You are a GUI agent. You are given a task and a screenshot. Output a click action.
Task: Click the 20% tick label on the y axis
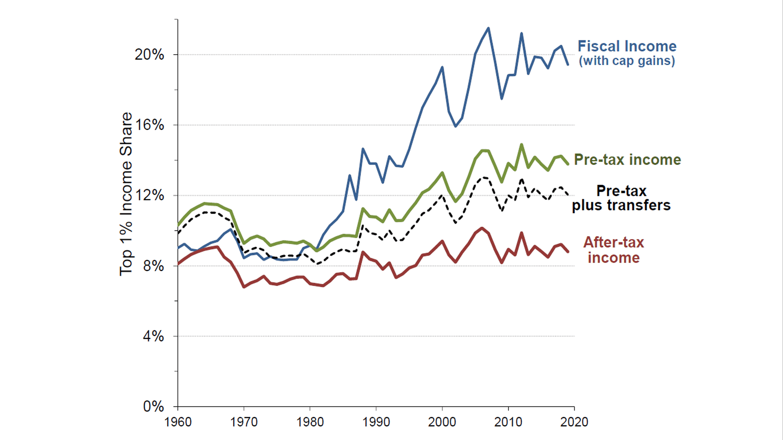(149, 55)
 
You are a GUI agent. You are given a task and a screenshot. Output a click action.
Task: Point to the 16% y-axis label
(149, 125)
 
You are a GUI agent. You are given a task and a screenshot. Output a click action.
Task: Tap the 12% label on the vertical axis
(149, 195)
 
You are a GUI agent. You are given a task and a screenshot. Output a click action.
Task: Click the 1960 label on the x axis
(178, 422)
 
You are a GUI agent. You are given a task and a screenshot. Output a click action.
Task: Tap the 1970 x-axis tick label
(244, 422)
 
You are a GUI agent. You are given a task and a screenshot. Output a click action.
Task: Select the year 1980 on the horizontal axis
(310, 422)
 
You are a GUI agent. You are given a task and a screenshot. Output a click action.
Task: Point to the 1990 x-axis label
(376, 422)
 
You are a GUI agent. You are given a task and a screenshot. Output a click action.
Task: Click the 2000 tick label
(442, 422)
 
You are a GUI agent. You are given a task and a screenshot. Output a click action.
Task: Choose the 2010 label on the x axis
(508, 422)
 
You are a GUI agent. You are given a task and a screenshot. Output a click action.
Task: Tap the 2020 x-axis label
(574, 422)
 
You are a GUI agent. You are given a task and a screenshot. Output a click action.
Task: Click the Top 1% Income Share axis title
(126, 194)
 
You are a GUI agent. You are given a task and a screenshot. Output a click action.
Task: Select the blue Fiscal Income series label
(627, 46)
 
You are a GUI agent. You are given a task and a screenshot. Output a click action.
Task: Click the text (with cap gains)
(627, 61)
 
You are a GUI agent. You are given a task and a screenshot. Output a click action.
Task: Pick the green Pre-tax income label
(627, 160)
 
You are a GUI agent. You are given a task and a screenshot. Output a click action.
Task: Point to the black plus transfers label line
(621, 205)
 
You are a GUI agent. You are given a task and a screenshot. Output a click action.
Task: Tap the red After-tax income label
(613, 250)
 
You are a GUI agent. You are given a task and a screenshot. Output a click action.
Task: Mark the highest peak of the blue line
(489, 28)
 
